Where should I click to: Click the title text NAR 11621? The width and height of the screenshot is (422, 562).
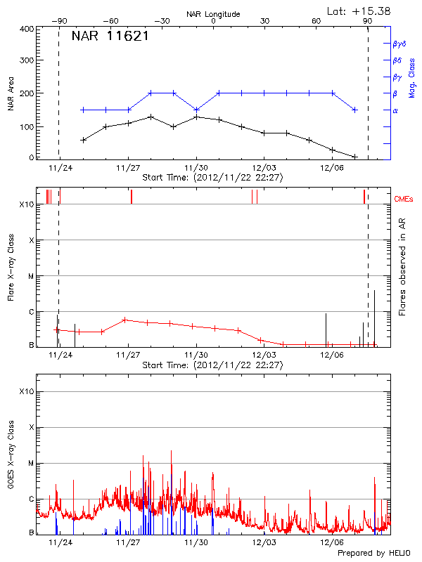click(x=110, y=37)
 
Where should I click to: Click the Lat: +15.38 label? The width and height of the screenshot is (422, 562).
click(x=359, y=11)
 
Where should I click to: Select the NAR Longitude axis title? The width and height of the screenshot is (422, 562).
click(x=213, y=13)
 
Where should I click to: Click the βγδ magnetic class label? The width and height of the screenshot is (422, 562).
click(x=399, y=44)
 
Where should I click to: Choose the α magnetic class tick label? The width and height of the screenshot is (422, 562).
click(x=395, y=110)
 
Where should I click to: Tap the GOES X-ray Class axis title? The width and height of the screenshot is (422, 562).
click(x=11, y=464)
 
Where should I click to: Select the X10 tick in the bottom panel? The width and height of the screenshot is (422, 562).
click(x=26, y=391)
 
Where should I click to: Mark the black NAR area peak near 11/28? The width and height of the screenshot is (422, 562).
click(x=151, y=117)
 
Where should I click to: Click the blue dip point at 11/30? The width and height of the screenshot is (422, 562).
click(x=196, y=110)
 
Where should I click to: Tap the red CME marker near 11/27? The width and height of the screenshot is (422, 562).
click(x=132, y=197)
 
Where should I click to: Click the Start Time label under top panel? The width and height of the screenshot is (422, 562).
click(x=212, y=178)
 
